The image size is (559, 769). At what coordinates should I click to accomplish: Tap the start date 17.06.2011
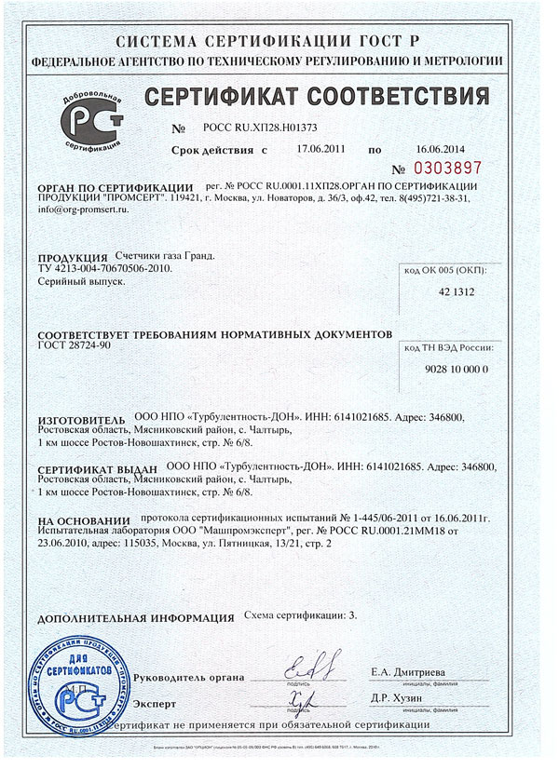tap(320, 148)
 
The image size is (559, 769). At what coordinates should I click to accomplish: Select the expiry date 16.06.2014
tap(439, 148)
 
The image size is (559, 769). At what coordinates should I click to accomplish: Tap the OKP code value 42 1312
tap(449, 291)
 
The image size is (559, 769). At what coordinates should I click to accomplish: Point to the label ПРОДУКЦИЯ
tap(67, 257)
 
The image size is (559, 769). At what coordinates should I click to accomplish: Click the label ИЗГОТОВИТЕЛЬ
tap(80, 420)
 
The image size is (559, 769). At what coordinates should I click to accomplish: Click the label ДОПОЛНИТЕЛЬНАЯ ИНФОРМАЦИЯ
tap(135, 617)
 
